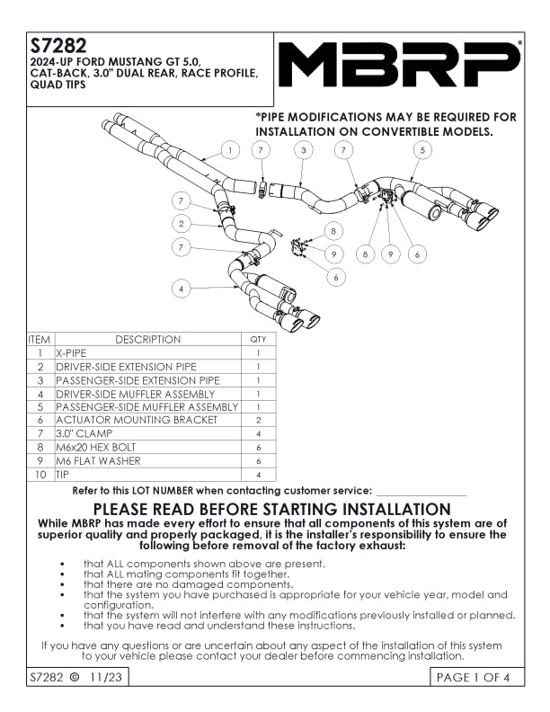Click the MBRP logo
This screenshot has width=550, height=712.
(399, 64)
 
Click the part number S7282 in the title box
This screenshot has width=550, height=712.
(58, 46)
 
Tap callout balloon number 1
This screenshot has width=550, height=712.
(231, 150)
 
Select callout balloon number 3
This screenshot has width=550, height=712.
(304, 150)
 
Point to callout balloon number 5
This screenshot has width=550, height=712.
(422, 150)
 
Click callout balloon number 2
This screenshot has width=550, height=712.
(181, 224)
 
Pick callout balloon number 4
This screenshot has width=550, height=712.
(181, 289)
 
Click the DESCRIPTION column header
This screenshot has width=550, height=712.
(148, 339)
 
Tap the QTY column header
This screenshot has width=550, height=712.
(258, 339)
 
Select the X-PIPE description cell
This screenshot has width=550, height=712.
(148, 352)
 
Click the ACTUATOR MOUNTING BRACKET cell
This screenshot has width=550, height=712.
(148, 420)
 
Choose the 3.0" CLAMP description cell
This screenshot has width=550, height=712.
(148, 433)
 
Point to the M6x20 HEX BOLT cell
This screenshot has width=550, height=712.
(148, 448)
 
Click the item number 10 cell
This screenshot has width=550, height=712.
(40, 475)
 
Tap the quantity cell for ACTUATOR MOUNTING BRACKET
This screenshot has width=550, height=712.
(258, 420)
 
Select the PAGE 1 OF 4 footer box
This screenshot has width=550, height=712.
(477, 677)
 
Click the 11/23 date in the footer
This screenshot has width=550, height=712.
(106, 677)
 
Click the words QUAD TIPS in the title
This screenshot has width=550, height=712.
(58, 84)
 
